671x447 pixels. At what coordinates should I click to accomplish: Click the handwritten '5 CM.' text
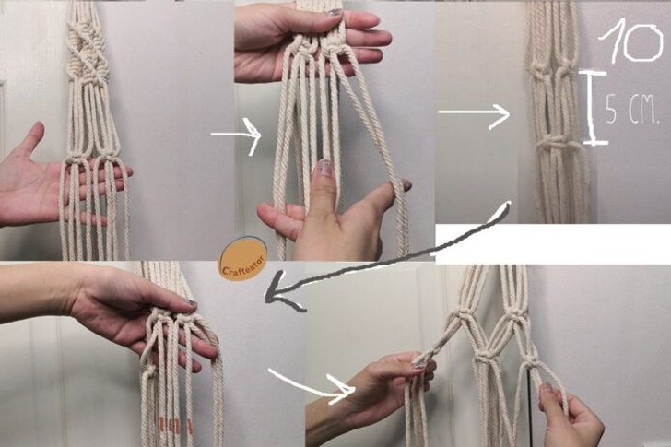point(632,110)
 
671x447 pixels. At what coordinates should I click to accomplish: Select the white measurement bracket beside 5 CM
point(593,108)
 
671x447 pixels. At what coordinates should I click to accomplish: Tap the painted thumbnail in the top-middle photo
point(324,168)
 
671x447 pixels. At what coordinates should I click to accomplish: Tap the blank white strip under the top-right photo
point(553,243)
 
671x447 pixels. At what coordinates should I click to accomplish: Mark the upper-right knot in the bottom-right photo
point(516,317)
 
